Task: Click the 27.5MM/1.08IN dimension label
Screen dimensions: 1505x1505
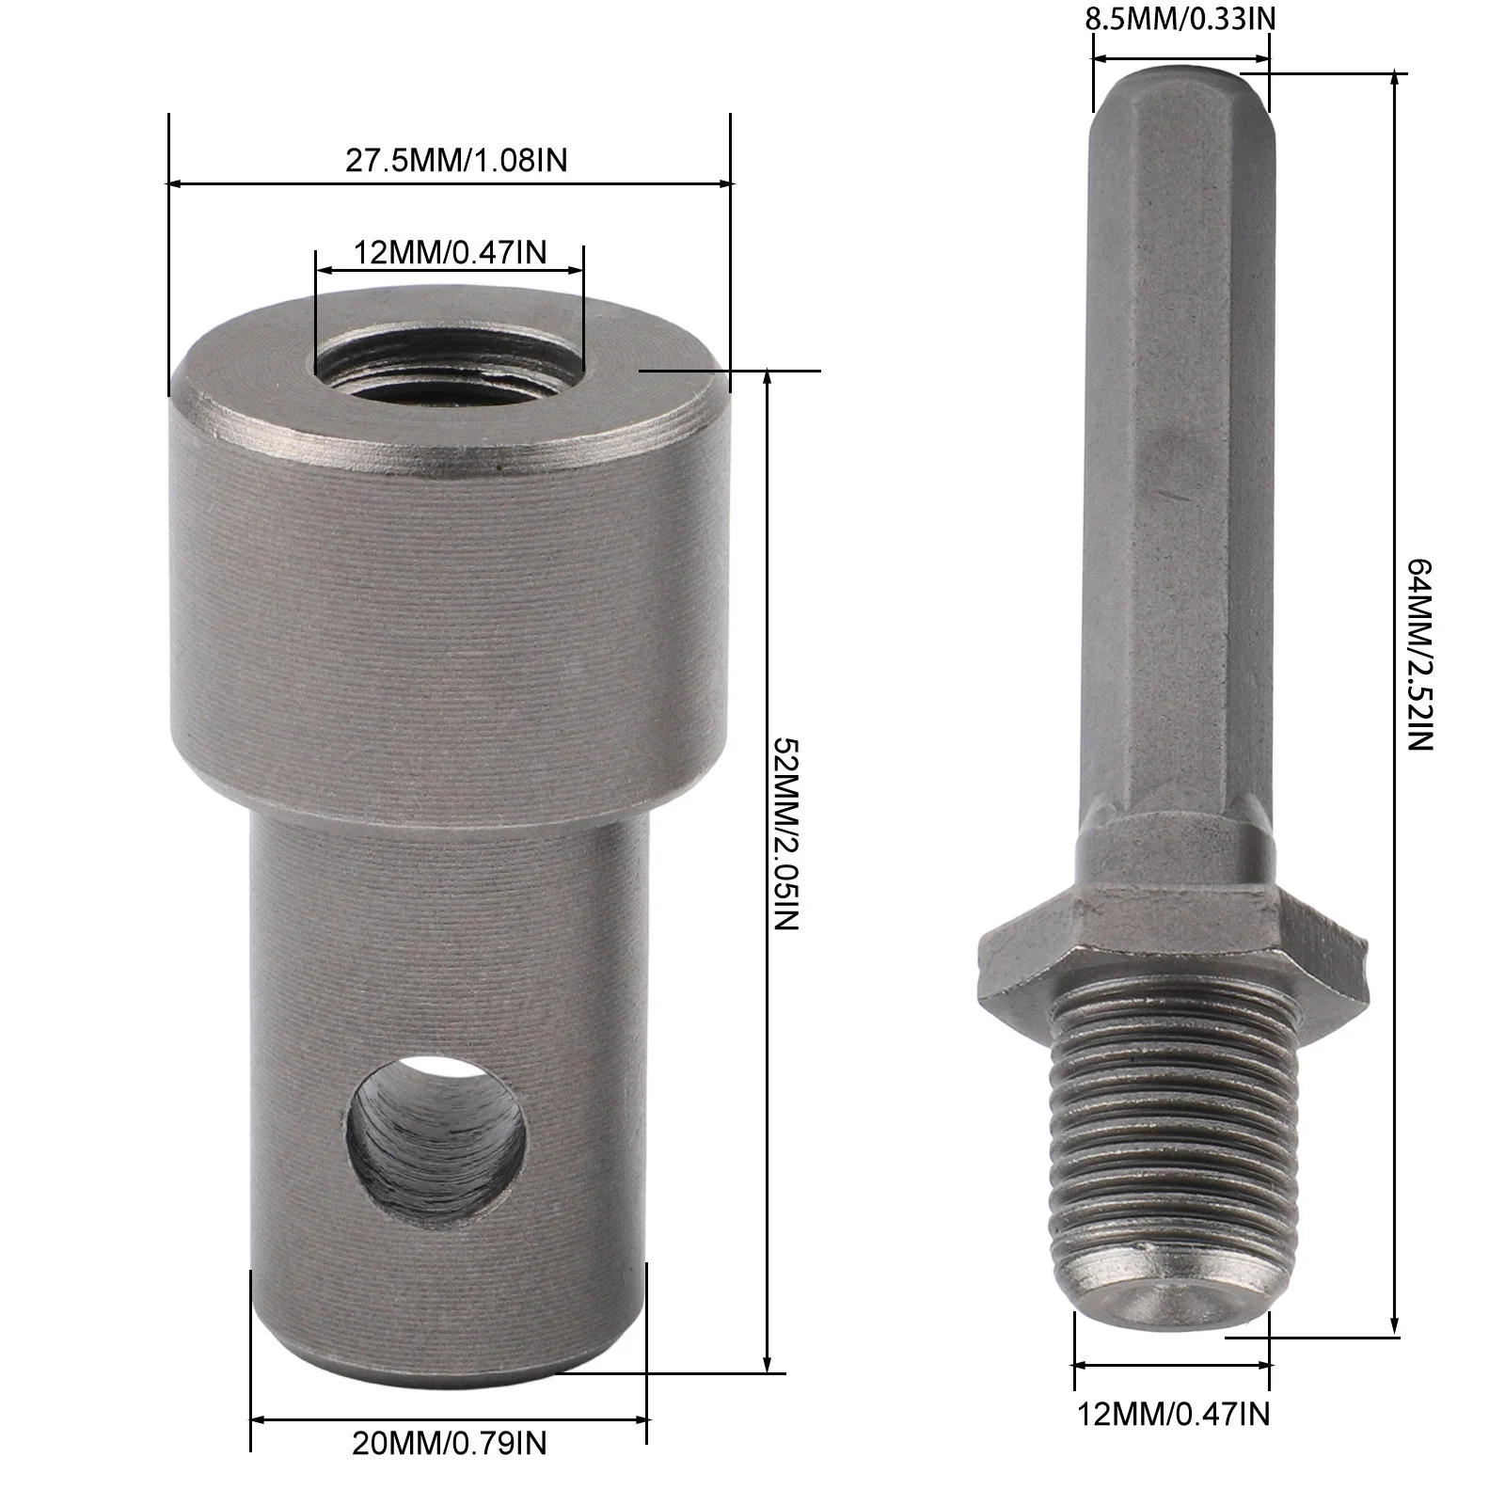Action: click(456, 160)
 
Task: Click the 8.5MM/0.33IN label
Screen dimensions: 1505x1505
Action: click(1180, 19)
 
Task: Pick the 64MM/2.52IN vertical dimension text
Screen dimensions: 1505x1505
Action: click(1418, 654)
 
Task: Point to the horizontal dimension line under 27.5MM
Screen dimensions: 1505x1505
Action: click(449, 183)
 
